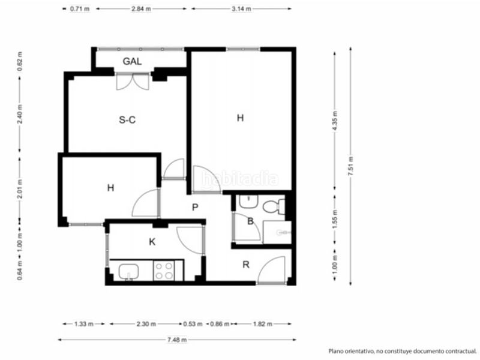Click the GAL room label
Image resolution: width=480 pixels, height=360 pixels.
pyautogui.click(x=132, y=61)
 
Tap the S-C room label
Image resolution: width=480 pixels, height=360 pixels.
pyautogui.click(x=127, y=119)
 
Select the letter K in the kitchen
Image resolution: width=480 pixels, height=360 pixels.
pyautogui.click(x=152, y=242)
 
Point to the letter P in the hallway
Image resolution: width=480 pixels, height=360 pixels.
pyautogui.click(x=194, y=208)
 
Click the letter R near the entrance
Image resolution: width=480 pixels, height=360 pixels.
pyautogui.click(x=246, y=265)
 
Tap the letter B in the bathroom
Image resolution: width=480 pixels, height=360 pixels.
pyautogui.click(x=250, y=221)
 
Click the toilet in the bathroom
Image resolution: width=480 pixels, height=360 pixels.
pyautogui.click(x=274, y=206)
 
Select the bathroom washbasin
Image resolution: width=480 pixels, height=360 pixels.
pyautogui.click(x=248, y=202)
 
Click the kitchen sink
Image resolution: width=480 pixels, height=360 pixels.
pyautogui.click(x=128, y=272)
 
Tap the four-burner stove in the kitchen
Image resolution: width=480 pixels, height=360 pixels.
pyautogui.click(x=164, y=271)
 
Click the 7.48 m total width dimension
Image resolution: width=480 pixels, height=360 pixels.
pyautogui.click(x=177, y=340)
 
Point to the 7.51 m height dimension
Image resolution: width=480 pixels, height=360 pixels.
pyautogui.click(x=351, y=166)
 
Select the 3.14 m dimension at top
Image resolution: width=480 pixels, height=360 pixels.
pyautogui.click(x=241, y=9)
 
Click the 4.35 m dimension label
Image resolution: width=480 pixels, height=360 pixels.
pyautogui.click(x=335, y=121)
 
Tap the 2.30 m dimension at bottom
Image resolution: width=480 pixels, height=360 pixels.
pyautogui.click(x=146, y=324)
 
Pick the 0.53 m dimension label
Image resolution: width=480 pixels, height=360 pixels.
pyautogui.click(x=193, y=324)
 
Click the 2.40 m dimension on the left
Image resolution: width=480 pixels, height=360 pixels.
pyautogui.click(x=20, y=114)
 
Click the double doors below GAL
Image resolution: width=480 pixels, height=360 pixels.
pyautogui.click(x=133, y=82)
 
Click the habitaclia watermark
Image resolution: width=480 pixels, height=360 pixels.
pyautogui.click(x=239, y=179)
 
